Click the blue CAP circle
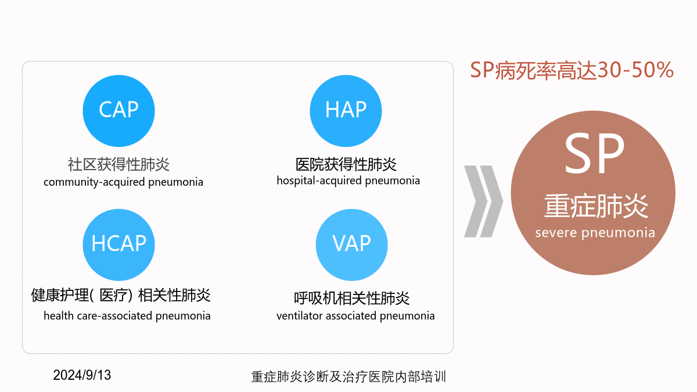pos(118,111)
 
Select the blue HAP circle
pos(346,111)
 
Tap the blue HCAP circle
pos(118,245)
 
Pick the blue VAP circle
pos(351,245)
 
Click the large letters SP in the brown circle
pos(594,153)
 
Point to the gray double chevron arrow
pos(483,202)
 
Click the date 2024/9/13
pos(82,375)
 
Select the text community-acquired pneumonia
pos(123,182)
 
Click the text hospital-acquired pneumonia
pos(348,181)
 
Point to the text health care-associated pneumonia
pos(127,316)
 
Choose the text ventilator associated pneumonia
pos(355,316)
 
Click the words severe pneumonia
pos(595,233)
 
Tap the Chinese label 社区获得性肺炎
pos(118,164)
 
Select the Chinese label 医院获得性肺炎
pos(346,164)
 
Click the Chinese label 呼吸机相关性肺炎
pos(351,298)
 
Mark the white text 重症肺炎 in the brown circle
pos(596,206)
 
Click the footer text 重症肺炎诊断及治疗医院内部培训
pos(348,377)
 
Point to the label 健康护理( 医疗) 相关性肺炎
pos(121,295)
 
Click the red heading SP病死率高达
pos(533,70)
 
